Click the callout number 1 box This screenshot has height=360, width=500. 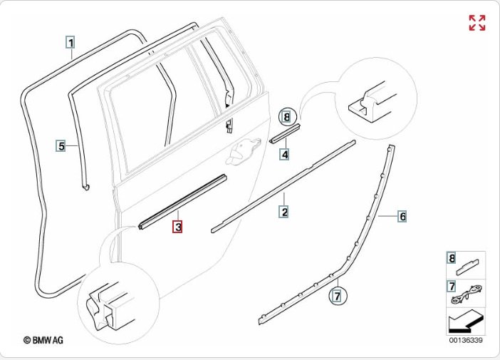(71, 41)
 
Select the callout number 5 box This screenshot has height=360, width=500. (61, 146)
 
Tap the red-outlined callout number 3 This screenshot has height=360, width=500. (177, 227)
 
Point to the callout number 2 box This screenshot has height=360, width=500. (283, 212)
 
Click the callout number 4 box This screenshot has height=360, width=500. (284, 153)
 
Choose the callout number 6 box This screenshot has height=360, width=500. (402, 215)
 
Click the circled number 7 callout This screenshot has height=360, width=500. (338, 294)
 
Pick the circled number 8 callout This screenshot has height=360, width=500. (286, 116)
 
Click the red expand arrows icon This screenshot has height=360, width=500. (476, 22)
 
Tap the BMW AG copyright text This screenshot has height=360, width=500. (43, 341)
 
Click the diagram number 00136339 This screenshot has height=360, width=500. (465, 341)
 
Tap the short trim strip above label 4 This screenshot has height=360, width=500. (285, 133)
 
